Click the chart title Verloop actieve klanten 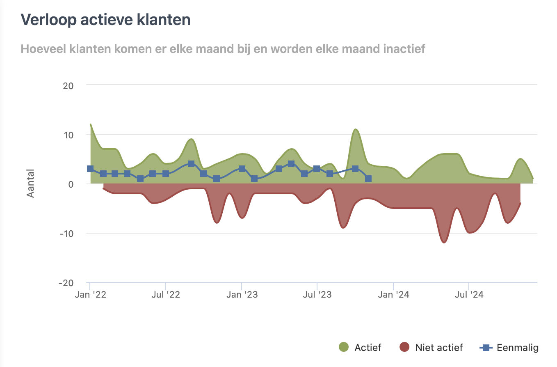click(x=105, y=20)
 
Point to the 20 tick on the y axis click(x=68, y=86)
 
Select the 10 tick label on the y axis click(x=68, y=135)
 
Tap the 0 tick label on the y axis click(x=71, y=184)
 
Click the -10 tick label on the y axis click(x=67, y=234)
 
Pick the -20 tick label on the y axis click(x=67, y=283)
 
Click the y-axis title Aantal click(x=31, y=183)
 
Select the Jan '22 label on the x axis click(x=90, y=295)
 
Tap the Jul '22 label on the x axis click(x=165, y=295)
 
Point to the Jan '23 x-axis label click(x=242, y=295)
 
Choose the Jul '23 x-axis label click(x=317, y=295)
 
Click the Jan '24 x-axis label click(x=393, y=295)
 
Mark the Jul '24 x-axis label click(x=468, y=295)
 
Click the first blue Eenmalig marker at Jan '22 click(x=90, y=169)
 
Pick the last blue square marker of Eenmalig click(x=368, y=179)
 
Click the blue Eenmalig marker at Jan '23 click(x=242, y=169)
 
